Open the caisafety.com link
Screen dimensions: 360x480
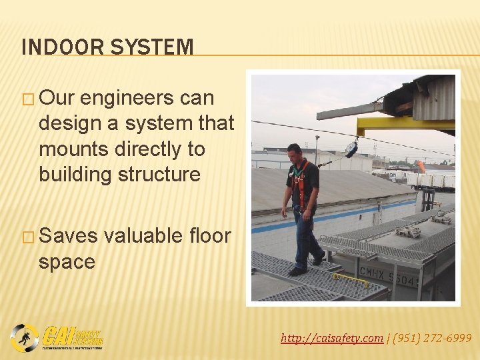point(332,339)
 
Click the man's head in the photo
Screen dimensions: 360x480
point(293,151)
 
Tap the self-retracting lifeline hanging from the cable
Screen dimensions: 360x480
point(351,148)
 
